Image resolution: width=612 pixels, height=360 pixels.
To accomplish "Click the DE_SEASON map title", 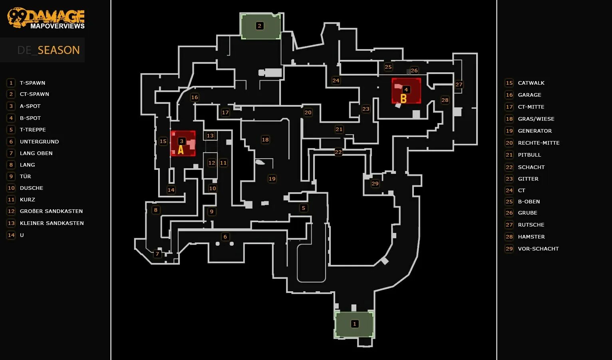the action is (x=48, y=50).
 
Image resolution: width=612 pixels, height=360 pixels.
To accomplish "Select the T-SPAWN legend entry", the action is (x=32, y=83).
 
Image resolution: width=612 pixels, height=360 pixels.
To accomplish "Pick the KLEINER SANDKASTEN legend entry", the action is (x=52, y=223).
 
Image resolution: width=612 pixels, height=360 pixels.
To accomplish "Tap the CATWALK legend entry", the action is (x=531, y=83).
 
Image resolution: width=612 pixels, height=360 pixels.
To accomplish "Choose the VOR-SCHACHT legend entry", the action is (x=538, y=249).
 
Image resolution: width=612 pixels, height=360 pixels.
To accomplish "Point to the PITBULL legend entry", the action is (x=529, y=155).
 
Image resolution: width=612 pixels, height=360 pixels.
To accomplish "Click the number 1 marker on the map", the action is (x=354, y=324).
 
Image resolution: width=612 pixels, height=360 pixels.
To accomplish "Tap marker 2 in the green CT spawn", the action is (x=260, y=26).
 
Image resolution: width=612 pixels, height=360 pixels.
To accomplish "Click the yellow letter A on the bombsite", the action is (x=181, y=150).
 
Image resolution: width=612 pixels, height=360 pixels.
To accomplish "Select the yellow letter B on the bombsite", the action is (x=403, y=98).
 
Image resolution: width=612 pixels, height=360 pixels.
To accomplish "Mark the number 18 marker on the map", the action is (x=265, y=139).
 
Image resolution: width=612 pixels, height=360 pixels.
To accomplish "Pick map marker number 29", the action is (x=375, y=183).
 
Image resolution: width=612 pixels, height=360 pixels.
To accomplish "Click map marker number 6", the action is (x=225, y=237).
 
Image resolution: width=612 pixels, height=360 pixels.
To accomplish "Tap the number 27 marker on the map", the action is (x=459, y=84).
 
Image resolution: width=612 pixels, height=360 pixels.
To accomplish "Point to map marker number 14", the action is (x=171, y=190).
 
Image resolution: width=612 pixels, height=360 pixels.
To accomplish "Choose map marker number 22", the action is (x=338, y=152).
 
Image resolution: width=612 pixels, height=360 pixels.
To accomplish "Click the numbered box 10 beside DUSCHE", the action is (x=11, y=188).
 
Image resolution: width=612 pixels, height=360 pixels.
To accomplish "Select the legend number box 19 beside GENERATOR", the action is (x=509, y=131).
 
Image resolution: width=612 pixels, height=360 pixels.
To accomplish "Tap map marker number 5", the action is (x=304, y=208).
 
